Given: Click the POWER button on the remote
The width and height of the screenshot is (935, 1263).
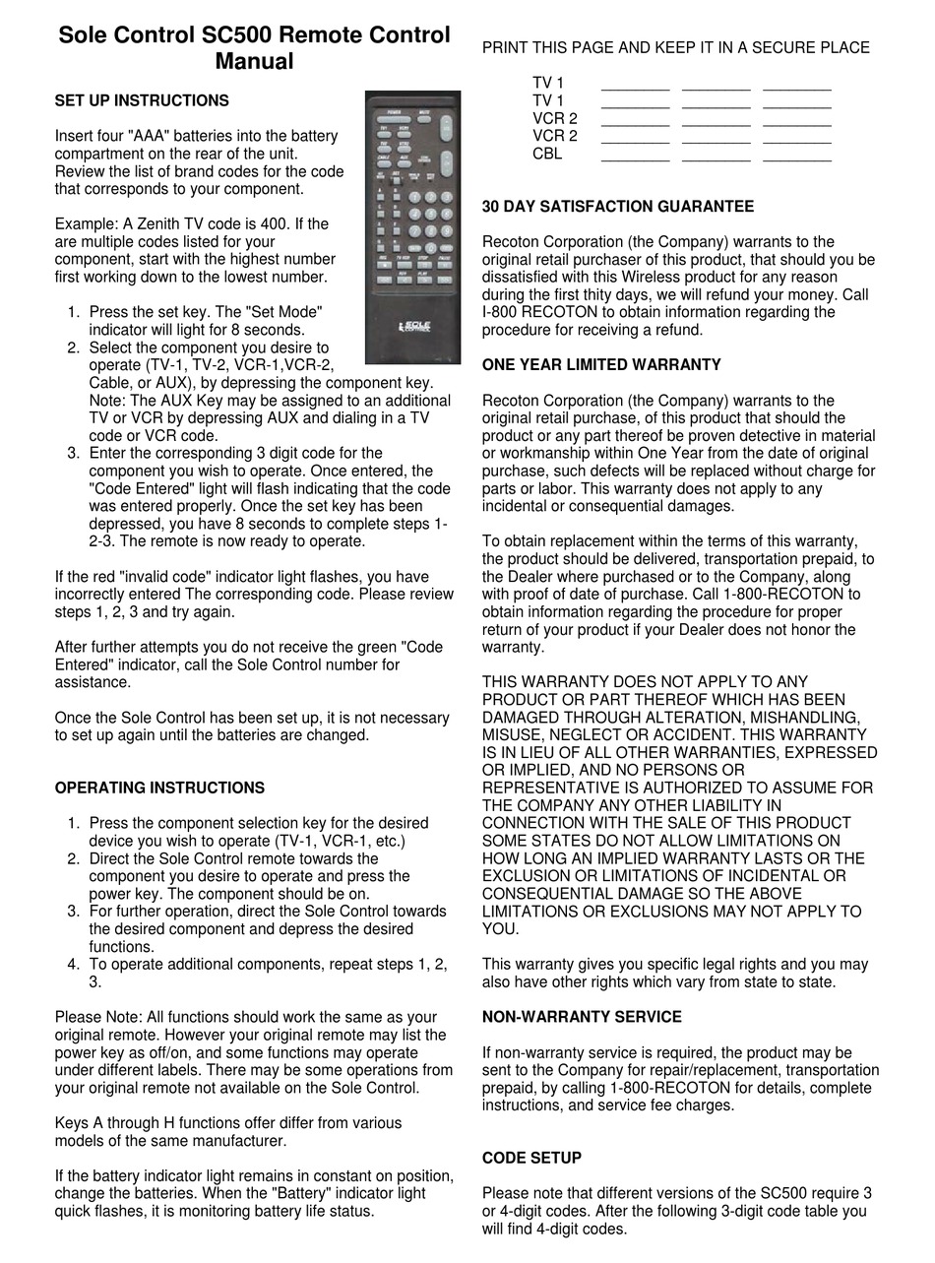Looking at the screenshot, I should tap(395, 113).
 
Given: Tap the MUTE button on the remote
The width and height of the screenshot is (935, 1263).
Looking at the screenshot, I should tap(424, 113).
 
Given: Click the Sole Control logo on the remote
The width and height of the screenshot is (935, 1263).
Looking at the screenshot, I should tap(414, 326).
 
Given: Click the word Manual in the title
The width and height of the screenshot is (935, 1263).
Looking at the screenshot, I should tap(254, 61).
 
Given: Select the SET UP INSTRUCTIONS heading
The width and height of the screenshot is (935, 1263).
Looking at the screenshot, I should tap(142, 100).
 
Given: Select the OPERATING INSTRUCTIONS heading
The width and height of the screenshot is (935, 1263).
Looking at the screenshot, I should tap(159, 788).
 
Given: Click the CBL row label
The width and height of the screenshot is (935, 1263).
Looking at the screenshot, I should tap(547, 154).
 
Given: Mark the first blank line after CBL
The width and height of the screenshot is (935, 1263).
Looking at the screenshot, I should tap(635, 156).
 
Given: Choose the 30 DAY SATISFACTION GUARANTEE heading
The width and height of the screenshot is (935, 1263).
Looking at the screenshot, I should tap(618, 207).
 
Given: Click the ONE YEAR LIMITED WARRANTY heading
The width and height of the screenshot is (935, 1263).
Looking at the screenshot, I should tap(601, 365).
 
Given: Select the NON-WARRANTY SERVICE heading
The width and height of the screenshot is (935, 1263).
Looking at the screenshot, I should tap(582, 1017).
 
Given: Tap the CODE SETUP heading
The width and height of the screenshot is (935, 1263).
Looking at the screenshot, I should tap(531, 1158).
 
